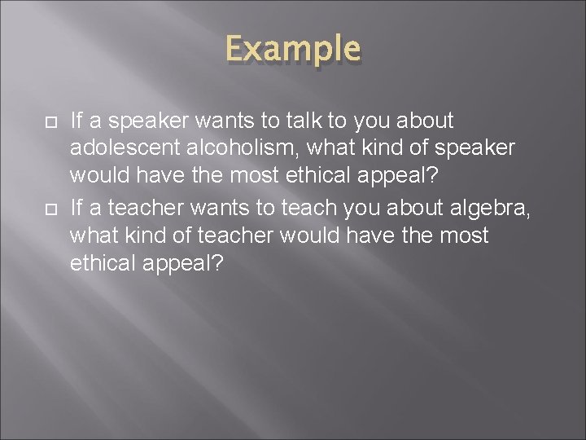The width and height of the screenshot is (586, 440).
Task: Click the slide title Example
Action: (293, 49)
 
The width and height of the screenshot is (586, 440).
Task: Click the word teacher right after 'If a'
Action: (136, 209)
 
